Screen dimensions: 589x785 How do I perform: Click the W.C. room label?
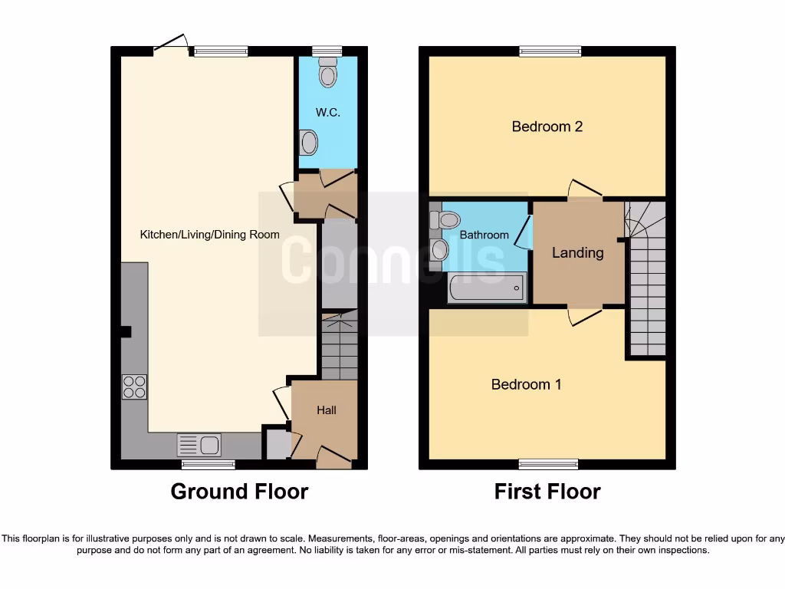[327, 113]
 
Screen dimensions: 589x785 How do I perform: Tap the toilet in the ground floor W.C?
[329, 73]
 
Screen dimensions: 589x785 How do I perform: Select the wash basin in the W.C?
[308, 143]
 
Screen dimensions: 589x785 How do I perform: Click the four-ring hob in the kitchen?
[134, 387]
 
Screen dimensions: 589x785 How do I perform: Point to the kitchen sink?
[199, 445]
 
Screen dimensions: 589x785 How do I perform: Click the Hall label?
[327, 410]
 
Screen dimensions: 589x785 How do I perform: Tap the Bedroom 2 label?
[547, 127]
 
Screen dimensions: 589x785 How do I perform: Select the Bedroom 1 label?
[526, 384]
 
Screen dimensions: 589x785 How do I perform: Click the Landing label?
[578, 252]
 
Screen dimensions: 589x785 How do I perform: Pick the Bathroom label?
[484, 235]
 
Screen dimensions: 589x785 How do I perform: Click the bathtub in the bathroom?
[487, 290]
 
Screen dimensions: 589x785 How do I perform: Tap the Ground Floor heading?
[239, 492]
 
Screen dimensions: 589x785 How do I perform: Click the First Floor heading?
[547, 492]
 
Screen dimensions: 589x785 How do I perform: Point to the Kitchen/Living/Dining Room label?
[209, 235]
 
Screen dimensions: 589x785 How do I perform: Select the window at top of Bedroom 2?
[550, 51]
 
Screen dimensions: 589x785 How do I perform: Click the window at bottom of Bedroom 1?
[548, 464]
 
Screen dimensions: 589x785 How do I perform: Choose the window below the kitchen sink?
[209, 464]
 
